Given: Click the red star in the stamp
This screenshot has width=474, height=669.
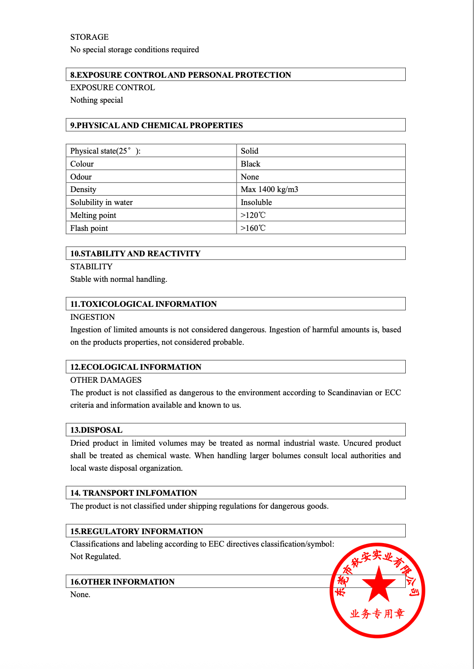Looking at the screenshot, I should [378, 584].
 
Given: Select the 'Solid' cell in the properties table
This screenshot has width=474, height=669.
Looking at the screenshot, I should [249, 151].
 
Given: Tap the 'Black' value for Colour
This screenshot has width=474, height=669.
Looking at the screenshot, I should [250, 164].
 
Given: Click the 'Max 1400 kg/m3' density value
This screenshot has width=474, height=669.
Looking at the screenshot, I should [269, 189].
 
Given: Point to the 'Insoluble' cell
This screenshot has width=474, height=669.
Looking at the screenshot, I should [256, 202].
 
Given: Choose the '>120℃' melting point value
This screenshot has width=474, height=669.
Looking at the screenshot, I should [253, 215].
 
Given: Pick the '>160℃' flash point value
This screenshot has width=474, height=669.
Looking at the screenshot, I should [253, 228].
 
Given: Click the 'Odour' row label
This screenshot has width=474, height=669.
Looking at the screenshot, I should [81, 177].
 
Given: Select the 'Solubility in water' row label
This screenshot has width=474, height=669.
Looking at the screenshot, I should [101, 202].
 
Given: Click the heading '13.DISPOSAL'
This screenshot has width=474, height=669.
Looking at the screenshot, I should [96, 430].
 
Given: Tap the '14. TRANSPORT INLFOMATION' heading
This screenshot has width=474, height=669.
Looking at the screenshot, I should [133, 493].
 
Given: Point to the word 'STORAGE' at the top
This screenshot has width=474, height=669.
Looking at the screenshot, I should [89, 37].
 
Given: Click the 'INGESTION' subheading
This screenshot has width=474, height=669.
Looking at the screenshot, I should [92, 317].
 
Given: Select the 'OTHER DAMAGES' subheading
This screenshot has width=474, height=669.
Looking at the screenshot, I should [106, 380].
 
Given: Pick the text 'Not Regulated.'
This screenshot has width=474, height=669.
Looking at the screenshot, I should [96, 556].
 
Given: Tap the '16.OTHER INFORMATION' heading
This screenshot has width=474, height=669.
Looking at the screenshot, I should [122, 582].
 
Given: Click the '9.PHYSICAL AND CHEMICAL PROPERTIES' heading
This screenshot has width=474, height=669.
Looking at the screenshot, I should [156, 125].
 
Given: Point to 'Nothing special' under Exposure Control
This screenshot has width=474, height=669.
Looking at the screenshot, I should [96, 100].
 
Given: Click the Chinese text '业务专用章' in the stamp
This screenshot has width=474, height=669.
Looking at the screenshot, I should [377, 614].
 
